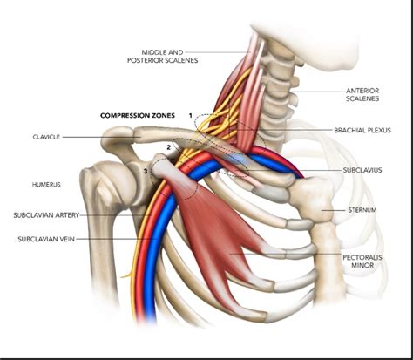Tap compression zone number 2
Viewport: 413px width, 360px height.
coord(169,148)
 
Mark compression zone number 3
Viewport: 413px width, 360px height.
coord(147,171)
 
